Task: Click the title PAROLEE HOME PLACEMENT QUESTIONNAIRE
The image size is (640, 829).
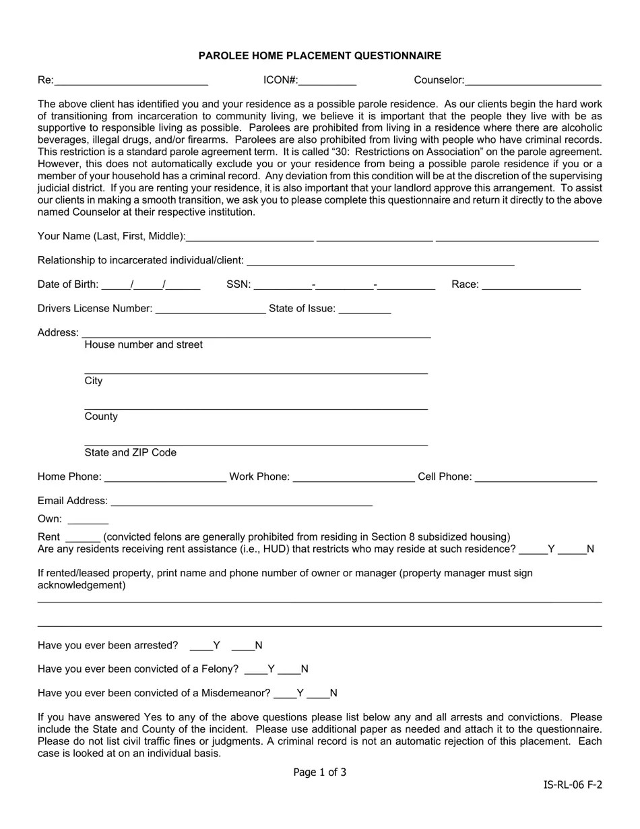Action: (x=319, y=56)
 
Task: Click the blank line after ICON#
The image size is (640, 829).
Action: (x=327, y=81)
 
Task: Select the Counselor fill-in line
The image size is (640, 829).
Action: (x=533, y=81)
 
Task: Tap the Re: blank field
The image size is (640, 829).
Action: (x=131, y=81)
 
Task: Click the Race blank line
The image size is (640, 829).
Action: (x=532, y=285)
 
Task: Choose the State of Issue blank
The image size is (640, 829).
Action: (x=364, y=309)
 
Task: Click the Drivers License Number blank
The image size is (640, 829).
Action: (x=210, y=309)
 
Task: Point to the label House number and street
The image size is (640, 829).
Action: (x=143, y=345)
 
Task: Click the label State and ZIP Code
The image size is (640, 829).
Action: (x=131, y=453)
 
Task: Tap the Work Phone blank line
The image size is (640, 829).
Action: (x=354, y=477)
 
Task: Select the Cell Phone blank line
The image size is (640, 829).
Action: (x=536, y=477)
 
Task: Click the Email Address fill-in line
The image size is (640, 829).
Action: (x=241, y=501)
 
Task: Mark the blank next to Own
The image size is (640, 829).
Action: (x=88, y=520)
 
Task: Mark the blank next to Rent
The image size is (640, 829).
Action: (x=84, y=538)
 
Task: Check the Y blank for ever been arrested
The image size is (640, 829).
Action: (x=201, y=646)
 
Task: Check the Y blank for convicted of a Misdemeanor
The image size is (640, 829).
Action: (x=286, y=694)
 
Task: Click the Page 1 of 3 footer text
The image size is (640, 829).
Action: (x=320, y=772)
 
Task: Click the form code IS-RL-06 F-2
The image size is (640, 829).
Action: (x=573, y=785)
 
